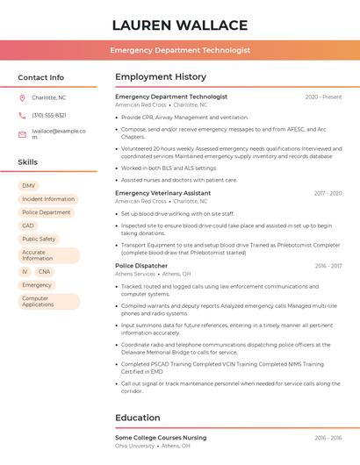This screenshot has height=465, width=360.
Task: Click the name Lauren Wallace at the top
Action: (x=180, y=25)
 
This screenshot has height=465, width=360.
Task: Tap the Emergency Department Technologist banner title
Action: (x=180, y=51)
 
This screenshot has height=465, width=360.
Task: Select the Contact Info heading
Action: (x=41, y=77)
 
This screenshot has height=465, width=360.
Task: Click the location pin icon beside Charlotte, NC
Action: (x=22, y=97)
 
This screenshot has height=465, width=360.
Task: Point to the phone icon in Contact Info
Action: (x=22, y=115)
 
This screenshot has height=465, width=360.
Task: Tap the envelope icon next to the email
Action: (x=22, y=134)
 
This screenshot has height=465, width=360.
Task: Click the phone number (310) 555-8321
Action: (x=49, y=115)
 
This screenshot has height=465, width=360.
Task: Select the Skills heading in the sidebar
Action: (x=28, y=162)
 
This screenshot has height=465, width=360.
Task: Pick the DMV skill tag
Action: (x=29, y=186)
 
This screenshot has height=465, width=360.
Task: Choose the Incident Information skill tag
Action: (x=48, y=199)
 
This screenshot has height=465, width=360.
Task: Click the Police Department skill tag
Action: (x=47, y=212)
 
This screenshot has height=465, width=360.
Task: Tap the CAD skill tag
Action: (x=28, y=225)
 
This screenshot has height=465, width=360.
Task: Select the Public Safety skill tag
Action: (x=39, y=239)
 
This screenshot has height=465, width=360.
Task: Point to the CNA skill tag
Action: (x=44, y=272)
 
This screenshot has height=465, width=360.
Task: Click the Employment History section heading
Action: (x=161, y=77)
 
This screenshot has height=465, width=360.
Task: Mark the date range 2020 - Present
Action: (x=323, y=97)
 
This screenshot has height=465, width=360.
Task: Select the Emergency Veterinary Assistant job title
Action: (x=163, y=193)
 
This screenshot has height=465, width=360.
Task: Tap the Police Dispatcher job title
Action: (x=141, y=265)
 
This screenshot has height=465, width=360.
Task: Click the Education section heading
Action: (x=138, y=418)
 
